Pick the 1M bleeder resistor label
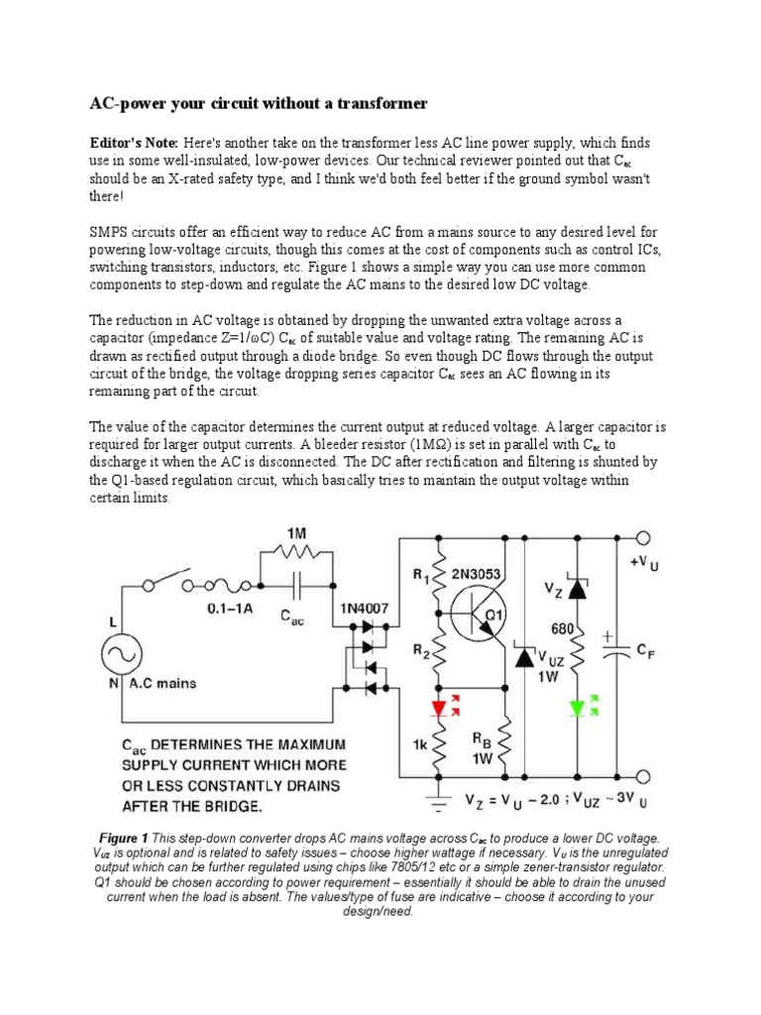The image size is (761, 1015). (297, 533)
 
